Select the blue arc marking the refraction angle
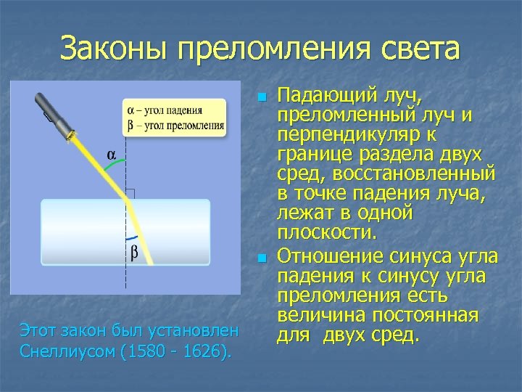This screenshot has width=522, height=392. click(x=133, y=238)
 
